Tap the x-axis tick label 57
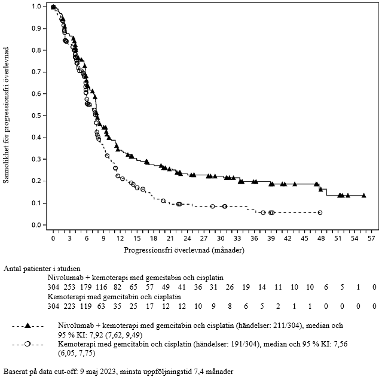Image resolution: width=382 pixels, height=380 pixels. tap(371, 238)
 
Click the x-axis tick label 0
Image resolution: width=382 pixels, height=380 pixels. tap(53, 238)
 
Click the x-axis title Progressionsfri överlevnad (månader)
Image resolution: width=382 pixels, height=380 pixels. tap(212, 248)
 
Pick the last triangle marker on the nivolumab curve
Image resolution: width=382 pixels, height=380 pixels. tap(364, 196)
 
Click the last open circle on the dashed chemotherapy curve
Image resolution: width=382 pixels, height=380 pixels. tap(320, 212)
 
